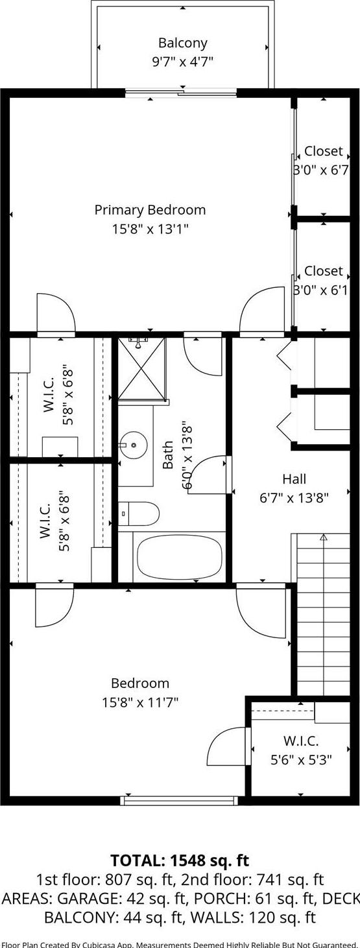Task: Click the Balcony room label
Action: point(182,43)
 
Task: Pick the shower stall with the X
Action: point(141,369)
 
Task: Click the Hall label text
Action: point(294,479)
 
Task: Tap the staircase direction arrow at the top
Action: point(324,537)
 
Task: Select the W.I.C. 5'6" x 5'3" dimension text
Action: point(301,759)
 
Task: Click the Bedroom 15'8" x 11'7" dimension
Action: point(139,702)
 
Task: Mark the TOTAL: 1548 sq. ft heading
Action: point(180,860)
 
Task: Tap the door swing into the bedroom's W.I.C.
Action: point(227,746)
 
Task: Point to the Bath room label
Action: point(168,455)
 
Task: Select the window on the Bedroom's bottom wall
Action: point(179,800)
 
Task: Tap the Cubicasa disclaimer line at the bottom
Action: point(180,943)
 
